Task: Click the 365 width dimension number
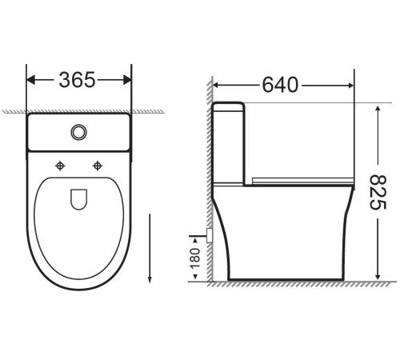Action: point(78,80)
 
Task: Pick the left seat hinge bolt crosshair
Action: point(60,166)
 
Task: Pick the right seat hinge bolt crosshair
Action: point(98,166)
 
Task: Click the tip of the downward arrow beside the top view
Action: point(150,284)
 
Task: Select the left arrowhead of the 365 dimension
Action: point(30,80)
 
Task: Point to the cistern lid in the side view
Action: point(229,106)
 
